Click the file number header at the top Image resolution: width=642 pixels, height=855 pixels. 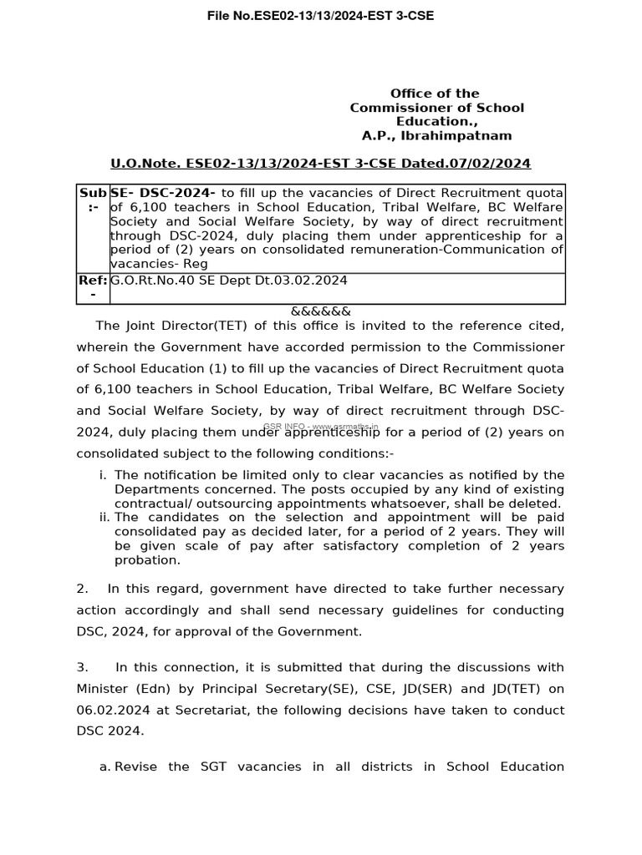[320, 16]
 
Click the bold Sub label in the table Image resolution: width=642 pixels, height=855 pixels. [93, 193]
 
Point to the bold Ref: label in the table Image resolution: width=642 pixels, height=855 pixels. [93, 281]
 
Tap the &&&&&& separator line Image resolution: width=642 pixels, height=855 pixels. [320, 311]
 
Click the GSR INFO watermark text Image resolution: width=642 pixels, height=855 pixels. [320, 427]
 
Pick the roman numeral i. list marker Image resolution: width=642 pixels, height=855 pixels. [103, 475]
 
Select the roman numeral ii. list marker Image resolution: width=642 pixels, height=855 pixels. [104, 518]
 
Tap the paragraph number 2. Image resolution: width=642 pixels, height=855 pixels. [82, 589]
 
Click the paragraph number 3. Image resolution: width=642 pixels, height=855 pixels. [82, 667]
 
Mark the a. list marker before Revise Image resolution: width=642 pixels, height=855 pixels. [105, 766]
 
